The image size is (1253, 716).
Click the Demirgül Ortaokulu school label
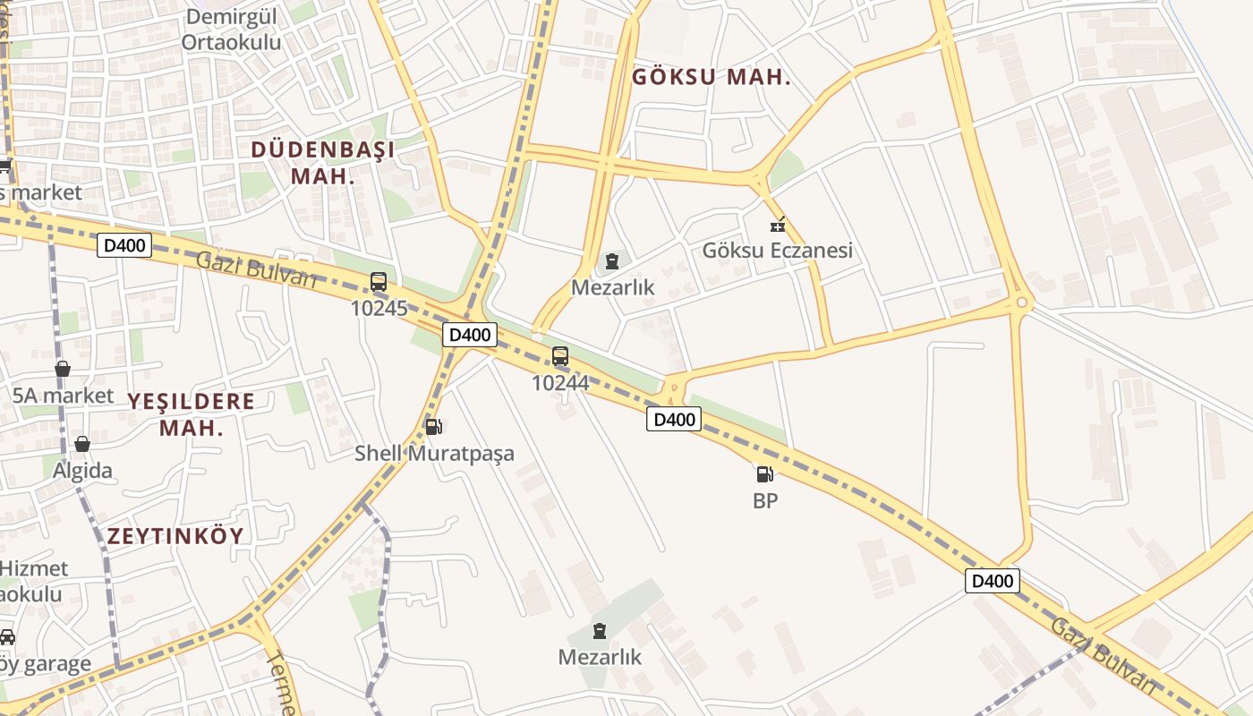[231, 30]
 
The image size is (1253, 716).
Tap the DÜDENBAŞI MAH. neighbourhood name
[323, 162]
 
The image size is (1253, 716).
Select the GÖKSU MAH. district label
[712, 77]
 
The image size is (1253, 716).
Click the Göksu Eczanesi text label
[777, 251]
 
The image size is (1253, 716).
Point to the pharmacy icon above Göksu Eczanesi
[778, 225]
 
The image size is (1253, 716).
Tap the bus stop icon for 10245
[379, 282]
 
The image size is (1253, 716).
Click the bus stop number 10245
[379, 309]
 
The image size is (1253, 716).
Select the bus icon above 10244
[560, 356]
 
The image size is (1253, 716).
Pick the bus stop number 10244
[560, 383]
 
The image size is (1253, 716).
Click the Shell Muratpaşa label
[434, 453]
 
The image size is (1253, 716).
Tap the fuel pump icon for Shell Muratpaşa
[433, 427]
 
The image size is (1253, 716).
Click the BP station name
[765, 501]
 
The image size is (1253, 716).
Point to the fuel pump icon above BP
[764, 474]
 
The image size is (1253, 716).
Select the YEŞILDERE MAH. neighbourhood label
[191, 413]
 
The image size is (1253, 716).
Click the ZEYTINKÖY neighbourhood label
[175, 536]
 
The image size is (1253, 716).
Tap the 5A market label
[63, 396]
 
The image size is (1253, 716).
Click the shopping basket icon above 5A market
[63, 369]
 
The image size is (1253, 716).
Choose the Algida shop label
[82, 471]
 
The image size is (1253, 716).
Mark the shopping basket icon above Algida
[82, 444]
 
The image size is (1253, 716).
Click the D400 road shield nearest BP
[674, 419]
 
